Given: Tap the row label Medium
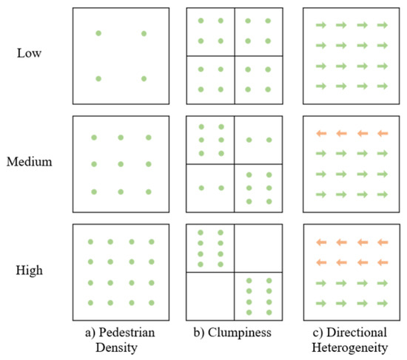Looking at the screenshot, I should [x=32, y=161].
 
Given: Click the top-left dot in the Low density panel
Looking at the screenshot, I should [x=98, y=33].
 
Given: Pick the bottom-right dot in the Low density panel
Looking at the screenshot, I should [x=144, y=78].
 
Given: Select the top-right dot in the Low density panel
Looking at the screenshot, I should [x=144, y=33].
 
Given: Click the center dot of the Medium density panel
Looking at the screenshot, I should [x=121, y=164].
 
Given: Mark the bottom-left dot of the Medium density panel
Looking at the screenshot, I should [x=93, y=191].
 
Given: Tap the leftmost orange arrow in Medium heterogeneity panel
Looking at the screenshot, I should [x=320, y=134].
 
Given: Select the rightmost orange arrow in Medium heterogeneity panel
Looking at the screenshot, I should [x=382, y=134].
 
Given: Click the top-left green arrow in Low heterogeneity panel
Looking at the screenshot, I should [x=320, y=26].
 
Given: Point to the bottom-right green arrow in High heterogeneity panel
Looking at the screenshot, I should [x=382, y=302].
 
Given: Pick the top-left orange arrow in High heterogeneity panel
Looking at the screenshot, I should [x=320, y=242].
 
